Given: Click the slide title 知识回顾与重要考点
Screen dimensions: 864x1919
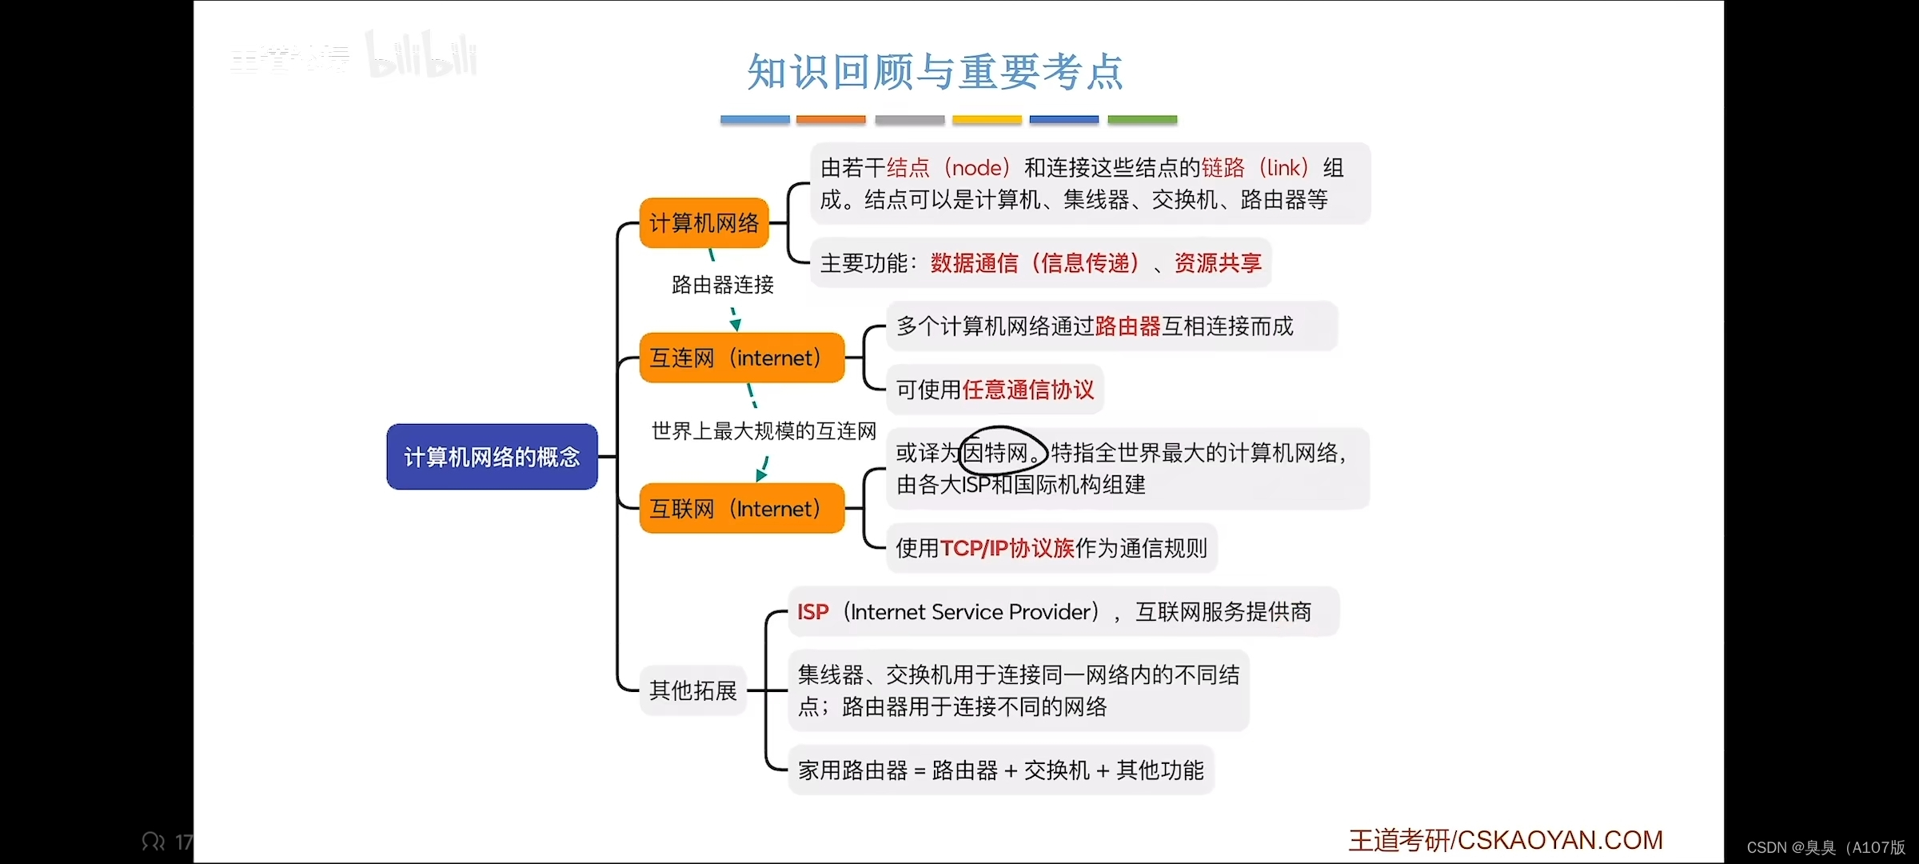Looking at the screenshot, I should pyautogui.click(x=935, y=72).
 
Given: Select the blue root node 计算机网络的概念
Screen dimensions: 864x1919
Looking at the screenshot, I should pyautogui.click(x=492, y=457).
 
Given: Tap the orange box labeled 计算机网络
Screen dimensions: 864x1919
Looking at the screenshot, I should pyautogui.click(x=704, y=223).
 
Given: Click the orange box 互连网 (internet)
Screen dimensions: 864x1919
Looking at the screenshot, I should pyautogui.click(x=741, y=358).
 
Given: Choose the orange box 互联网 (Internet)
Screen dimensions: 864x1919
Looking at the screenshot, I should pyautogui.click(x=741, y=509).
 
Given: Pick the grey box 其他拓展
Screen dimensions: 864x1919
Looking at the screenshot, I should pyautogui.click(x=692, y=690).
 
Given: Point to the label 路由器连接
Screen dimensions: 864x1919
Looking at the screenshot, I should pyautogui.click(x=723, y=285).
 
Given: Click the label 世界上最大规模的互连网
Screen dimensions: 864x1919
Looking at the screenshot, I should pyautogui.click(x=764, y=431).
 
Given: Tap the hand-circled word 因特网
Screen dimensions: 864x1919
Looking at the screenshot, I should pyautogui.click(x=997, y=454).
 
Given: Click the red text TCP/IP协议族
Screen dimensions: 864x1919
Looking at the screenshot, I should pyautogui.click(x=1007, y=548).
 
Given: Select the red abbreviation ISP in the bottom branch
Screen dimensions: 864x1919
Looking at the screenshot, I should pyautogui.click(x=812, y=612).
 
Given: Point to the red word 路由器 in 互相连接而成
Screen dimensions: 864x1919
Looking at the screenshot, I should pyautogui.click(x=1127, y=326).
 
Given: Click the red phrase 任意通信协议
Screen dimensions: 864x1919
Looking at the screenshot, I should pyautogui.click(x=1028, y=390).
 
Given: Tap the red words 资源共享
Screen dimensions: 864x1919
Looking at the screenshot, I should pyautogui.click(x=1218, y=263).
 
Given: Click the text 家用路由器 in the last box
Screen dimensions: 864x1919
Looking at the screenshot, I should pyautogui.click(x=852, y=770).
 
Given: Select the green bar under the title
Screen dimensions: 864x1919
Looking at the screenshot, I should pyautogui.click(x=1142, y=120).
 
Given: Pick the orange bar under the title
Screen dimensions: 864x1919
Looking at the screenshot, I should pyautogui.click(x=831, y=120).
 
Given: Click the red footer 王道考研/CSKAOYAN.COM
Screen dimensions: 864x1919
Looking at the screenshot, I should pyautogui.click(x=1506, y=840).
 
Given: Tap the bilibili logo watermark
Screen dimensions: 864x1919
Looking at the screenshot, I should pyautogui.click(x=422, y=56).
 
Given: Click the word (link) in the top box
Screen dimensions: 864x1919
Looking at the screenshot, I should pyautogui.click(x=1284, y=168).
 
